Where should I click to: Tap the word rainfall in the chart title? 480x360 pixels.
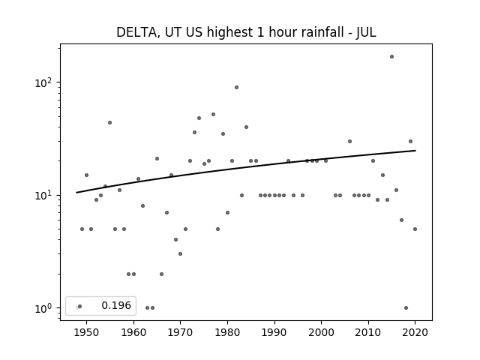point(325,31)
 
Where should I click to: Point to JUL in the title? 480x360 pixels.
point(366,32)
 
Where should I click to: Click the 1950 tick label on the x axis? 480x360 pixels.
point(87,332)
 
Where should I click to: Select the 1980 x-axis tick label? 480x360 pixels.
point(227,332)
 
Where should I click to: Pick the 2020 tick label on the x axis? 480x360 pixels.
point(415,332)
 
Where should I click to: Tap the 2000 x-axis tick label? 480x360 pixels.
point(322,332)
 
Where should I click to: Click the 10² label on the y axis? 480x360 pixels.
point(43,82)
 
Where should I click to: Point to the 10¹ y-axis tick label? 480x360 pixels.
point(43,195)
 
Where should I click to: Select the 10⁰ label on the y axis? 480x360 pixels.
point(43,308)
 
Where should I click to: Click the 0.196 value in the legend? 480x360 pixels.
point(116,305)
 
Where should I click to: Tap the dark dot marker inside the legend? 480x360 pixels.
point(80,307)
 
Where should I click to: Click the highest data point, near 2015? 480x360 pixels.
point(391,57)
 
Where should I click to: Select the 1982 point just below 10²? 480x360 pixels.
point(237,88)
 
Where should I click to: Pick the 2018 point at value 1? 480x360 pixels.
point(406,308)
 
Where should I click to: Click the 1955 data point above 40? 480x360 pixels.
point(110,123)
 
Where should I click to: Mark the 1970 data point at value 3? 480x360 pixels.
point(180,253)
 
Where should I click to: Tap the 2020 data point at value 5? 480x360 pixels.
point(415,229)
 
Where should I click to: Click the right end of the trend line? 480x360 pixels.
point(415,151)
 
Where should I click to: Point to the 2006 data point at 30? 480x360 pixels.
point(349,142)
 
